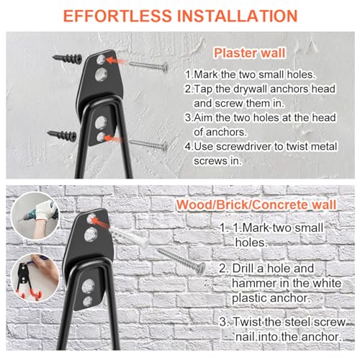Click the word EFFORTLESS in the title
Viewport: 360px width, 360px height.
point(117,16)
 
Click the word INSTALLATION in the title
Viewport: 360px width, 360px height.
point(237,16)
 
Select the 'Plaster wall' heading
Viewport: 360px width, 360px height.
point(250,53)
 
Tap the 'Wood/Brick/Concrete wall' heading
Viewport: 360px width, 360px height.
point(256,205)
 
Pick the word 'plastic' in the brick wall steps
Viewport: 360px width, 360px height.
point(249,298)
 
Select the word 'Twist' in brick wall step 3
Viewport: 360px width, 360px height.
point(248,322)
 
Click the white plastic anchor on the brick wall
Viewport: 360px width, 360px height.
point(130,236)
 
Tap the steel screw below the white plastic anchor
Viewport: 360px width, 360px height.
point(181,261)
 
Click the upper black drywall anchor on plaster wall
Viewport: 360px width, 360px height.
point(67,58)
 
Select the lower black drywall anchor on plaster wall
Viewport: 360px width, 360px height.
point(62,135)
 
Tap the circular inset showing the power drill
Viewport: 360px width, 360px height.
point(35,216)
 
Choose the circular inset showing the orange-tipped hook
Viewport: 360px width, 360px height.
point(35,278)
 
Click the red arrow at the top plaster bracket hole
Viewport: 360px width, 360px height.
point(116,60)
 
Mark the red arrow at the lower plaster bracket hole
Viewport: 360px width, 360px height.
point(114,138)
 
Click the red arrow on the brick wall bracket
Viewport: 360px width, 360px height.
point(101,222)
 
